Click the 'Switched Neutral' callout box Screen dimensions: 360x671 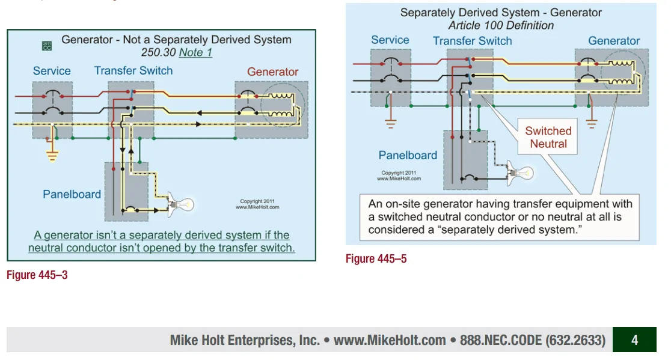click(548, 138)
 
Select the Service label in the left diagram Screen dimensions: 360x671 click(52, 71)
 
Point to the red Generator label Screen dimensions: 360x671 click(272, 72)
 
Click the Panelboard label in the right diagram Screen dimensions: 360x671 click(408, 155)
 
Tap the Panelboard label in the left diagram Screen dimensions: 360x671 click(72, 194)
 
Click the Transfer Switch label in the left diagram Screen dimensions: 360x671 click(133, 70)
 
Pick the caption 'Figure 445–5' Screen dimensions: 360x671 click(376, 259)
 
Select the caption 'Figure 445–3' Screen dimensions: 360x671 click(37, 275)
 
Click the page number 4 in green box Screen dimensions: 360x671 click(634, 340)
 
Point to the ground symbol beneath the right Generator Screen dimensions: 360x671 click(592, 124)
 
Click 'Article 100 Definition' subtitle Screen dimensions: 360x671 click(501, 25)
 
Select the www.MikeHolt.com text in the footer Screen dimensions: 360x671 click(390, 340)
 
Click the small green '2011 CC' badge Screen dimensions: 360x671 click(47, 46)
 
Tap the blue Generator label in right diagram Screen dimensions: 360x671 click(614, 41)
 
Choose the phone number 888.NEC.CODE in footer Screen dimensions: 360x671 click(532, 340)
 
